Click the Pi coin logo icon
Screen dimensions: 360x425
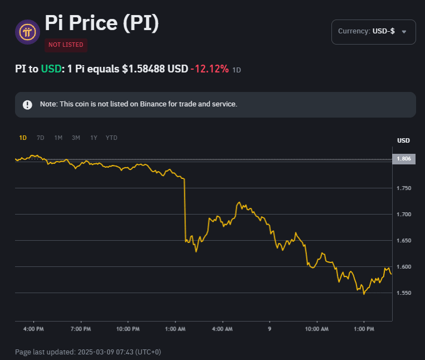[x=27, y=32]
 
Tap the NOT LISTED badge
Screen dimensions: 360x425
[x=66, y=45]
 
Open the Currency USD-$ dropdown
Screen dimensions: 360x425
[x=373, y=31]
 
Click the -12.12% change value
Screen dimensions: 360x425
[x=209, y=69]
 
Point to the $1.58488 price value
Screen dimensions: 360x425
[x=155, y=69]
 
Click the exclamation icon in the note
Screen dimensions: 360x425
[x=27, y=105]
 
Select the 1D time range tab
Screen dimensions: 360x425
[x=23, y=138]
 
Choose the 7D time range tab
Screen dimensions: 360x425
[x=40, y=138]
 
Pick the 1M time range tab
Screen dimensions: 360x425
[x=58, y=138]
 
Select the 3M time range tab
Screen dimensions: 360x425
[x=76, y=138]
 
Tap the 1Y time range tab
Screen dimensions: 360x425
[x=94, y=138]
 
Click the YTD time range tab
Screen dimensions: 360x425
[x=111, y=138]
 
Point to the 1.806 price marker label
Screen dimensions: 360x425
[x=403, y=159]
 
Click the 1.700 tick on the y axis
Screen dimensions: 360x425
[x=403, y=215]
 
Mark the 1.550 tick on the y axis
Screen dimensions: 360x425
[x=403, y=293]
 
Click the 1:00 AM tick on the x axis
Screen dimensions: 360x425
[x=175, y=329]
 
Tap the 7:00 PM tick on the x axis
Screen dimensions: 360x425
[x=81, y=329]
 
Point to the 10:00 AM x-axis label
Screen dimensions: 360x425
[x=316, y=329]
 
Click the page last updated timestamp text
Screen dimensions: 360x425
[x=88, y=352]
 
